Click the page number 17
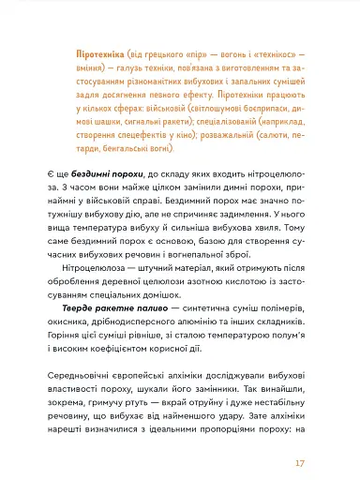pyautogui.click(x=325, y=437)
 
